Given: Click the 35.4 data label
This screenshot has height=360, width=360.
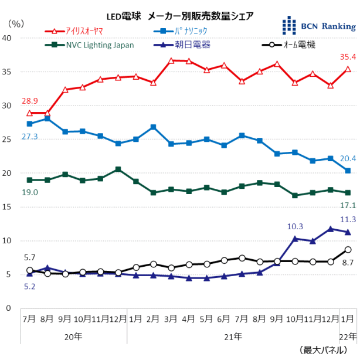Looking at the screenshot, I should click(348, 57).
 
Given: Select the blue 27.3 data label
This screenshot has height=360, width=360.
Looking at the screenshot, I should click(31, 136).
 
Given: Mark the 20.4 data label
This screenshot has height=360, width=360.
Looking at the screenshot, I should click(347, 159).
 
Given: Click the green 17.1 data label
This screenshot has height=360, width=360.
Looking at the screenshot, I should click(347, 204).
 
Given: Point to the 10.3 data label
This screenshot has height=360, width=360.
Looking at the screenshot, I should click(295, 226).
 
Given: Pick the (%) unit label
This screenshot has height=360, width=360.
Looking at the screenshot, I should click(16, 23).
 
